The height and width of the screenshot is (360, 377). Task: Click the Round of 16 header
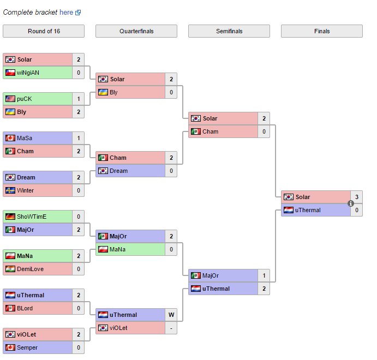coord(44,31)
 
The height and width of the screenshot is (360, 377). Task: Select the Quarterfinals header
coord(136,31)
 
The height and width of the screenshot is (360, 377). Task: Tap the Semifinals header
coord(229,31)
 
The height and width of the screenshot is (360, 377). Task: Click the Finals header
coord(322,31)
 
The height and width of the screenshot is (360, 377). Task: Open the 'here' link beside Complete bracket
coord(66,12)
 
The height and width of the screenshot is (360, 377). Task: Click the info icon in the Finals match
coord(351,203)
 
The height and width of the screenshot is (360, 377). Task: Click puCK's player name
coord(24,99)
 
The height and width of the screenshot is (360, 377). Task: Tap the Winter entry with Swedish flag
coord(25,190)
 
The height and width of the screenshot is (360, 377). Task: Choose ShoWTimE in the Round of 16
coord(32,217)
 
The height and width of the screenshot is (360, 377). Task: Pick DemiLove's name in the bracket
coord(30,269)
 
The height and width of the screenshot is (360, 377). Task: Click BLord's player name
coord(25,308)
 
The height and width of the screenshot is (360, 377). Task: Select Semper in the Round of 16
coord(27,347)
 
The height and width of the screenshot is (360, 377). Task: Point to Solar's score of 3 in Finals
coord(356,197)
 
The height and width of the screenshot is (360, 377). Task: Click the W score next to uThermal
coord(171,315)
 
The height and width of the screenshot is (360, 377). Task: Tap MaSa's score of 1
coord(78,138)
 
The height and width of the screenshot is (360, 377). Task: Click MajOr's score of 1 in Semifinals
coord(264,275)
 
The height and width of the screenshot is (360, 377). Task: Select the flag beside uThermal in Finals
coord(288,210)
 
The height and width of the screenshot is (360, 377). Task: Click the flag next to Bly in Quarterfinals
coord(103,92)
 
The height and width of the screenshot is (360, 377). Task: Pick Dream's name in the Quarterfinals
coord(118,171)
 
